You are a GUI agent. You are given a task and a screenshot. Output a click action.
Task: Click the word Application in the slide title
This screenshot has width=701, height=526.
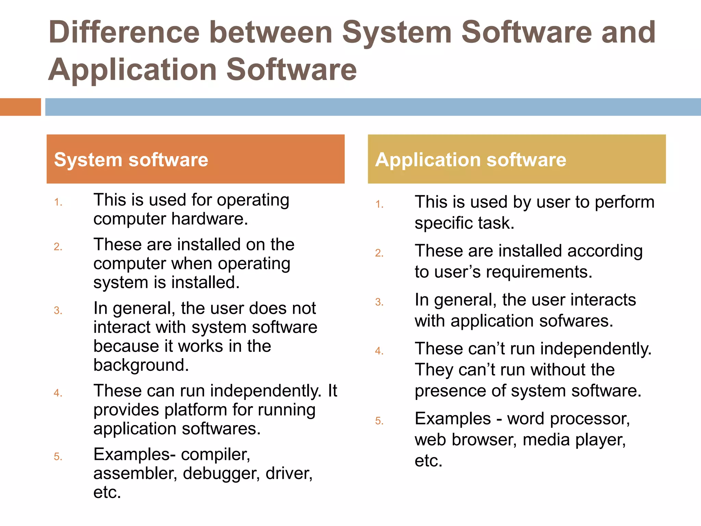pos(132,70)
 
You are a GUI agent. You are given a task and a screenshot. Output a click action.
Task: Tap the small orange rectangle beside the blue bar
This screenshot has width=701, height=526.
pos(20,107)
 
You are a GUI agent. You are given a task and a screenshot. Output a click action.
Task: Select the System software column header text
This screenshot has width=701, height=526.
pos(131,160)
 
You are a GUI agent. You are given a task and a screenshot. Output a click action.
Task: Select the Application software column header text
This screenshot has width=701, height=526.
pos(471,160)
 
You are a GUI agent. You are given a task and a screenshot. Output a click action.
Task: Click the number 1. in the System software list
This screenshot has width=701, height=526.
pos(58,202)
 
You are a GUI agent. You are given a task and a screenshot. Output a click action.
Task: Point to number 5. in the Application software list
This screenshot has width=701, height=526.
pos(379,421)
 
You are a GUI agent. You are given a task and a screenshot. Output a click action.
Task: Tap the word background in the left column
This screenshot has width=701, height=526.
pos(141,365)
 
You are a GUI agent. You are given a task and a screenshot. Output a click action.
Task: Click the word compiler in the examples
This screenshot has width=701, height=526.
pos(215,455)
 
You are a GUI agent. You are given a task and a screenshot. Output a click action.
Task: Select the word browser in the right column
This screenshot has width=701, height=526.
pos(484,440)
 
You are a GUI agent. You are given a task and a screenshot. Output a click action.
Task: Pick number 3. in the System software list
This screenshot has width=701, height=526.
pos(58,311)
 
